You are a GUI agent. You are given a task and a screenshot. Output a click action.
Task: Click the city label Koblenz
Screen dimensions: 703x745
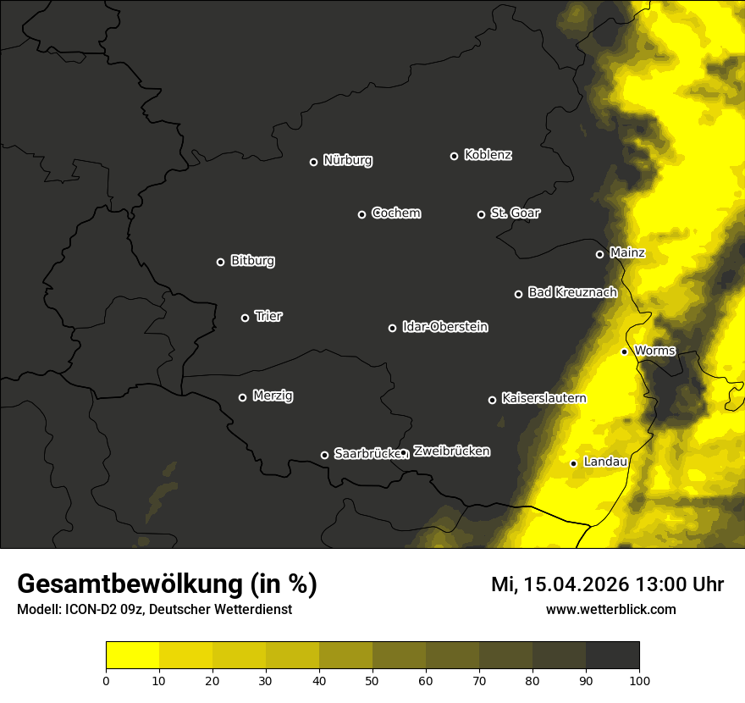tap(488, 155)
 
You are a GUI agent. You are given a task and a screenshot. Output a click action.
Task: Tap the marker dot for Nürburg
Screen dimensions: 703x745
tap(313, 162)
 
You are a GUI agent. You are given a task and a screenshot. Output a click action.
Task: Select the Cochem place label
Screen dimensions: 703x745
tap(395, 213)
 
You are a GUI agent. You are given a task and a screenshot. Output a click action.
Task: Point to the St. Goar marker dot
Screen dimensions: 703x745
tap(481, 215)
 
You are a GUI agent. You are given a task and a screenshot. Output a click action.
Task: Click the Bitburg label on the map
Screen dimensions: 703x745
tap(252, 261)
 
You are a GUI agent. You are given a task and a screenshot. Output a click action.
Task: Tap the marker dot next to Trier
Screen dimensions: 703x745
tap(246, 318)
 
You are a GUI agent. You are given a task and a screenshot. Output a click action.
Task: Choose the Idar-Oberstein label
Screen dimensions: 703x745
tap(444, 327)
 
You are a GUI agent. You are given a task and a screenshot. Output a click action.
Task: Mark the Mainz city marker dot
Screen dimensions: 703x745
tap(600, 254)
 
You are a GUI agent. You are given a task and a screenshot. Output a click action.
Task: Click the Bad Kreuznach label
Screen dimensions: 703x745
tap(572, 292)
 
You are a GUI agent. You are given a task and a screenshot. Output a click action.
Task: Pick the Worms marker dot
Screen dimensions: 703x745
tap(624, 351)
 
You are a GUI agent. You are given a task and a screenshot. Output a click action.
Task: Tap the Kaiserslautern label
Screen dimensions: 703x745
tap(544, 398)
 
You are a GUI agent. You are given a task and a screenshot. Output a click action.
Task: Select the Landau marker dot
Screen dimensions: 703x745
tap(573, 463)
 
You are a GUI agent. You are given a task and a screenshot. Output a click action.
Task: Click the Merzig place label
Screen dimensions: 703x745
tap(273, 396)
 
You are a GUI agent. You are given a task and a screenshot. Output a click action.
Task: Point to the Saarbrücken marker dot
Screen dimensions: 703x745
tap(324, 456)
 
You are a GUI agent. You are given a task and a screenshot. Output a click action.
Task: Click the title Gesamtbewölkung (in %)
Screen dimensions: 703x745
tap(167, 584)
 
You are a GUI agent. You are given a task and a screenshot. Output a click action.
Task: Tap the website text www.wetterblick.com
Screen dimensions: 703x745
tap(610, 609)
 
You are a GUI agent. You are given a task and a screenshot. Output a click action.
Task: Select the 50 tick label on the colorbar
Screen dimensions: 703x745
tap(372, 680)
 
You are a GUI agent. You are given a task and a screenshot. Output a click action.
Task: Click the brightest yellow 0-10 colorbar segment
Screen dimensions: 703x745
tap(132, 656)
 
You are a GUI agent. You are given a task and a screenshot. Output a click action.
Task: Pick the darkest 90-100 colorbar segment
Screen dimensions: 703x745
tap(612, 656)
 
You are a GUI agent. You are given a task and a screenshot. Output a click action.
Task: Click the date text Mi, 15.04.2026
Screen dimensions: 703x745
tap(560, 584)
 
